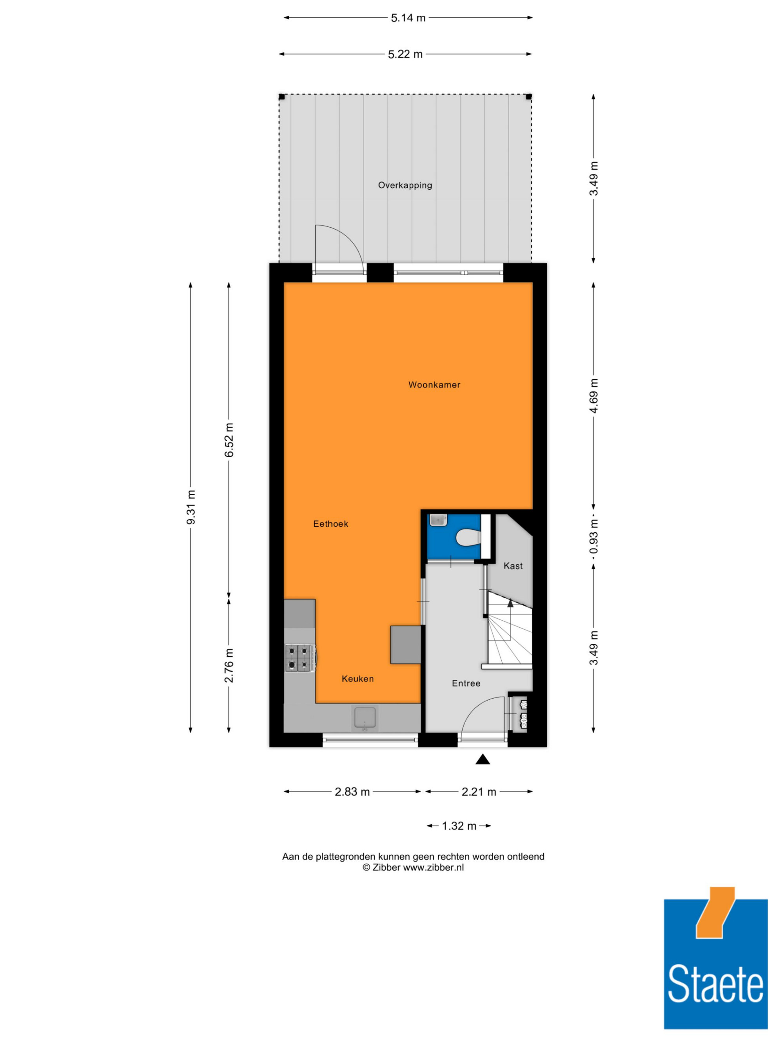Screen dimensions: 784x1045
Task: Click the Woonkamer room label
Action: [x=434, y=384]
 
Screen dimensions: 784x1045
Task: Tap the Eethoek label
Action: [x=330, y=523]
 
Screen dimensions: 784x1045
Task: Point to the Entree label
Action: [x=466, y=683]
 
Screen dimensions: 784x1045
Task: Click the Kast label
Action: [x=513, y=565]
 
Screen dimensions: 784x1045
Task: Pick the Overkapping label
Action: [x=405, y=185]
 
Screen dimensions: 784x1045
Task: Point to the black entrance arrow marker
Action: [x=482, y=759]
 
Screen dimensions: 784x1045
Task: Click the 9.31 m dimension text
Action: [x=191, y=507]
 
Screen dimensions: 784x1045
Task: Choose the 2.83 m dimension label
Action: [x=352, y=792]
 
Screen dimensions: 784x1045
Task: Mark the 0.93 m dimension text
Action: [x=593, y=537]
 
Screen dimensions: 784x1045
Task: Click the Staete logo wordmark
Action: [x=715, y=983]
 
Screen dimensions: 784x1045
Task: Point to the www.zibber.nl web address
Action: [x=433, y=868]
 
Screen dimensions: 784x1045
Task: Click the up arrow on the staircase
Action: [x=510, y=603]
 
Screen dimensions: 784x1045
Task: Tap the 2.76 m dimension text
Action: [x=229, y=666]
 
